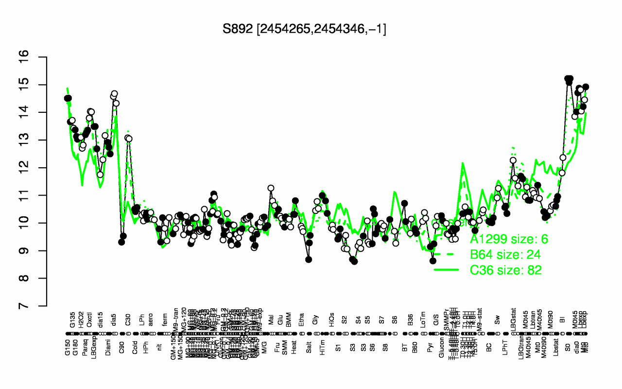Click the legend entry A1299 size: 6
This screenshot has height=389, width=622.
(505, 239)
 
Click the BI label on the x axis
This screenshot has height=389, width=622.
(563, 321)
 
